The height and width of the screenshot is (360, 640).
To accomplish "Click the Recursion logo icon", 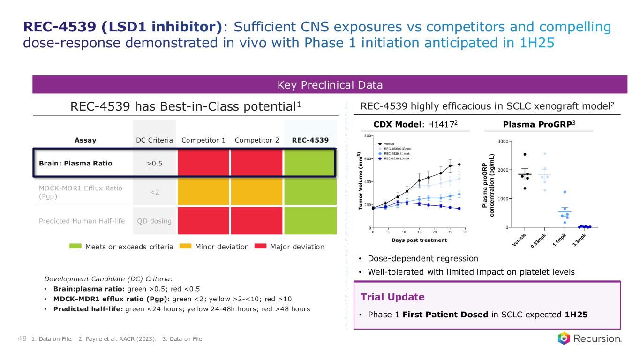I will click(564, 338).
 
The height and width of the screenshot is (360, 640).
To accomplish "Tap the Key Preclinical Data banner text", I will click(330, 85).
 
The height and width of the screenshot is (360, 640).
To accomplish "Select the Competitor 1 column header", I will click(203, 140).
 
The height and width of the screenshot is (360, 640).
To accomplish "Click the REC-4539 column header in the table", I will click(310, 140).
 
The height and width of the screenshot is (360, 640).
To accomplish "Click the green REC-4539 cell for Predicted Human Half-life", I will click(310, 221).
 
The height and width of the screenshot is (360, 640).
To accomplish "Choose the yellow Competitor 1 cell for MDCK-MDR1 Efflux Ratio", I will click(203, 192).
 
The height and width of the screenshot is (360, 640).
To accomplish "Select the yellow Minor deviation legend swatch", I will click(186, 247).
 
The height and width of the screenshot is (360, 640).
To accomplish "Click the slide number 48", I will click(22, 338).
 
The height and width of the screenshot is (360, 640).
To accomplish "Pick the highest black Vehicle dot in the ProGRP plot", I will click(525, 154).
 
